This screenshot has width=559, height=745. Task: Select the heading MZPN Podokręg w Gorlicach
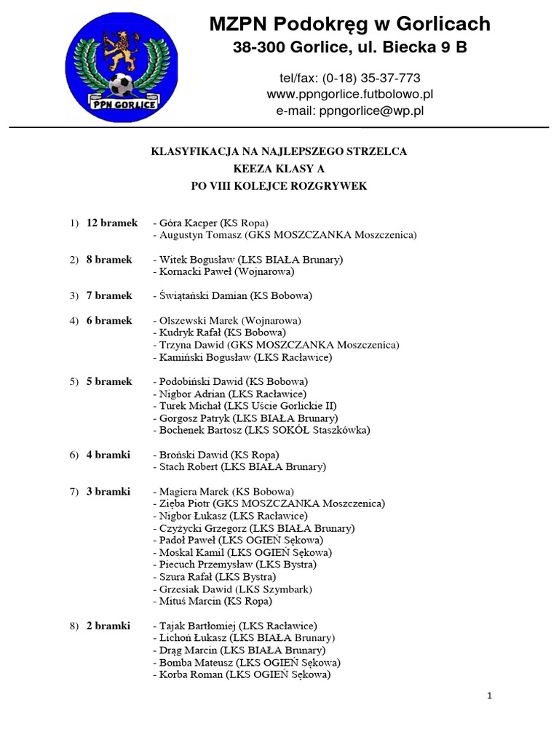point(349,25)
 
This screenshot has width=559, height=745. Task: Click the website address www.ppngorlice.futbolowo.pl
point(350,95)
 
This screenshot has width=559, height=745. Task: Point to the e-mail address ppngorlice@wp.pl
point(350,111)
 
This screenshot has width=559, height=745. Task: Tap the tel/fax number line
point(350,78)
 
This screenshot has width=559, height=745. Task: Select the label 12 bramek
point(111,223)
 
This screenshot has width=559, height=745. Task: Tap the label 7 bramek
point(109,296)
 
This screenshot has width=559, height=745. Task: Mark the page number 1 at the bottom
point(490,696)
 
